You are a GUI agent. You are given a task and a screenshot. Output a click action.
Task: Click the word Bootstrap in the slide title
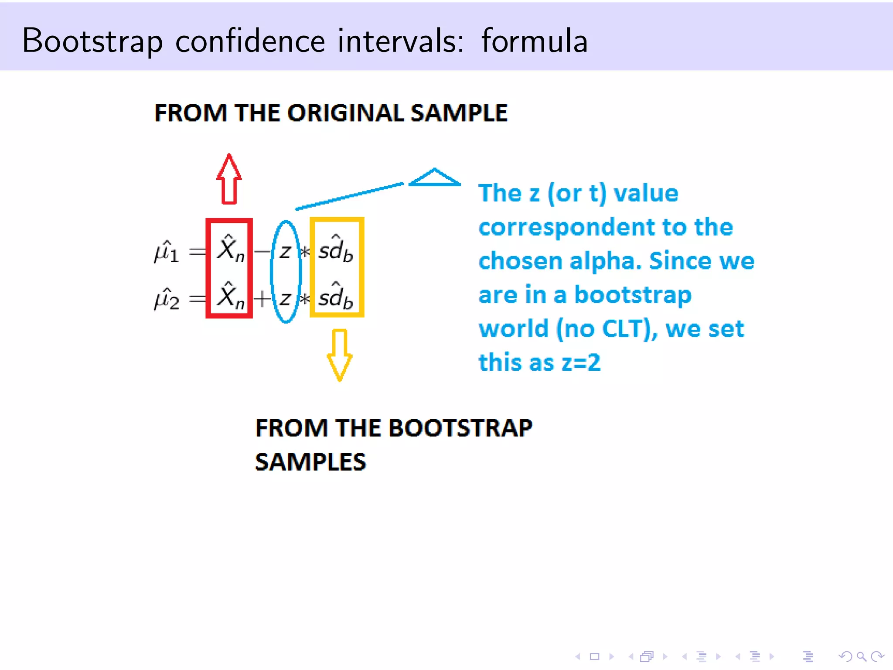(x=92, y=41)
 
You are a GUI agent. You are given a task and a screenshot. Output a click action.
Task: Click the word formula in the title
(x=535, y=41)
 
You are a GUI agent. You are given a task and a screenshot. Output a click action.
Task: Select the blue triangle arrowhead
(x=434, y=178)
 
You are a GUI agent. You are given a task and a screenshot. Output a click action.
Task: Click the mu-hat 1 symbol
(x=166, y=252)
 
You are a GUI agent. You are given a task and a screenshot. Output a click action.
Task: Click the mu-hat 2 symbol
(x=166, y=299)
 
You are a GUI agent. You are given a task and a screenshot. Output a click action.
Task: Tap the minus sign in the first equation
(x=262, y=252)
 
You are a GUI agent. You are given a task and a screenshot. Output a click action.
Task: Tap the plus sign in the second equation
(x=262, y=299)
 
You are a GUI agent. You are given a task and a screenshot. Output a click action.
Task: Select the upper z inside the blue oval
(x=285, y=252)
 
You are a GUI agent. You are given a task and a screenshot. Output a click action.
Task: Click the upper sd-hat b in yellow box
(x=335, y=250)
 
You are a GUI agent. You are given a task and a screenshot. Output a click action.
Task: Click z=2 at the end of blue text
(x=581, y=362)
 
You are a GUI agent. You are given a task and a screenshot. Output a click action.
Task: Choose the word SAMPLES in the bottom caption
(x=310, y=462)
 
